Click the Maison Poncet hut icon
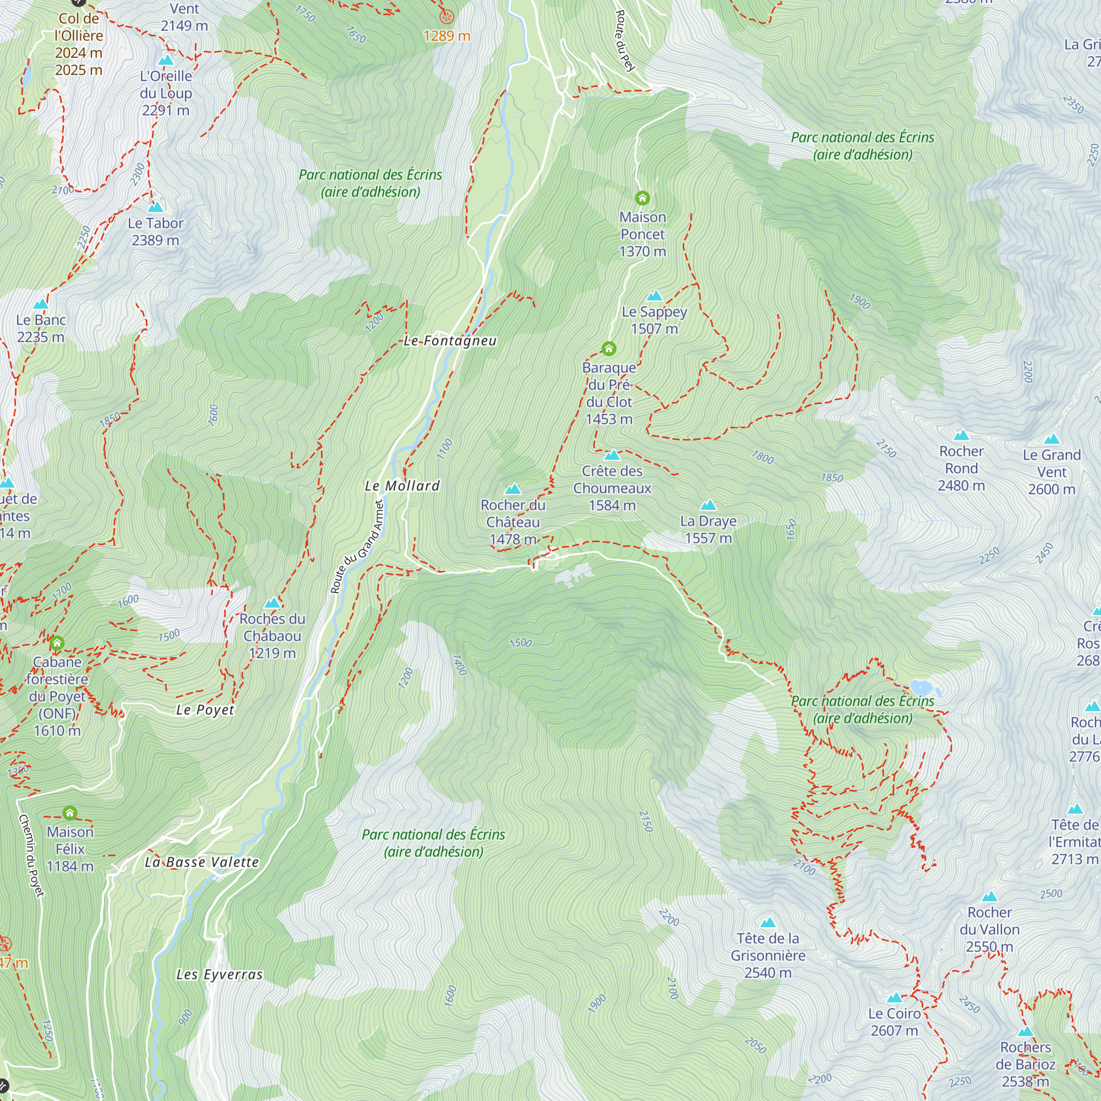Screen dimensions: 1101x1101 coord(642,198)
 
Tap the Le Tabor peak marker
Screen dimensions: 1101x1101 coord(156,207)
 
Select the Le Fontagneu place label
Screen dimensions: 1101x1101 coord(450,341)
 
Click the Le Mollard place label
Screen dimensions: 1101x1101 coord(402,486)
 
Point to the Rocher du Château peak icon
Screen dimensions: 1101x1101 coord(513,489)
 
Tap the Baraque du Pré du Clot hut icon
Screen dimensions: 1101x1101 coord(609,348)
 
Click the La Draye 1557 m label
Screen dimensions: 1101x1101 coord(708,530)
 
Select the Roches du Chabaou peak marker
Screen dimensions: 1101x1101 coord(272,603)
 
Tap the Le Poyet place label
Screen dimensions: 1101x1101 coord(205,710)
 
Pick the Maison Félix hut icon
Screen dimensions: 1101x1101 coord(69,812)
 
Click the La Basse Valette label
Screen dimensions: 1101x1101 coord(201,862)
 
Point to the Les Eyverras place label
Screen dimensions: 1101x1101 coord(220,974)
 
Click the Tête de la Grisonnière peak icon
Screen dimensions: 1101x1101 coord(767,922)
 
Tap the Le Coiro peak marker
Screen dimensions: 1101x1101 coord(894,998)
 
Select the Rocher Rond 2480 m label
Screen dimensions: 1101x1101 coord(961,468)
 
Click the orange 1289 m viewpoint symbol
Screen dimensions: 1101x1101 coord(447,17)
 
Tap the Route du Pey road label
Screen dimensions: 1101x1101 coord(625,41)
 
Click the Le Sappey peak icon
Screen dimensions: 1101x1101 coord(654,296)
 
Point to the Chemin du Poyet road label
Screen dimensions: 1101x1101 coord(31,855)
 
